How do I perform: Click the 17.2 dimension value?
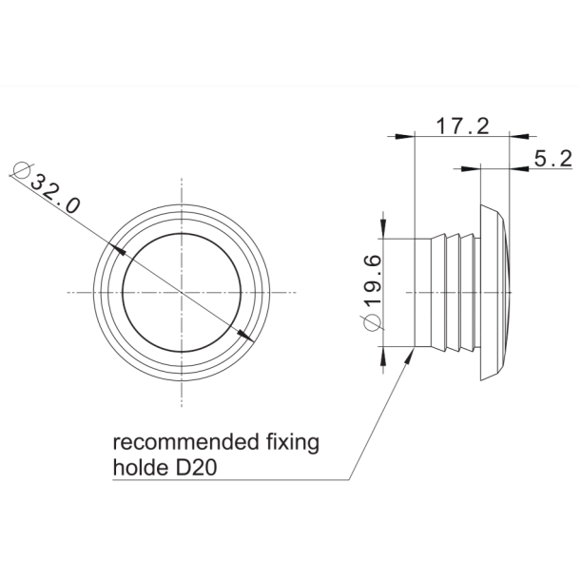tap(461, 125)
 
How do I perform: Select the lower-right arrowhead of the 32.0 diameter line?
tap(244, 334)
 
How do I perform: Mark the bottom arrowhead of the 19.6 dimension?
tap(383, 354)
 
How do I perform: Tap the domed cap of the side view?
tap(495, 291)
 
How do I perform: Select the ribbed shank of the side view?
tap(452, 291)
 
